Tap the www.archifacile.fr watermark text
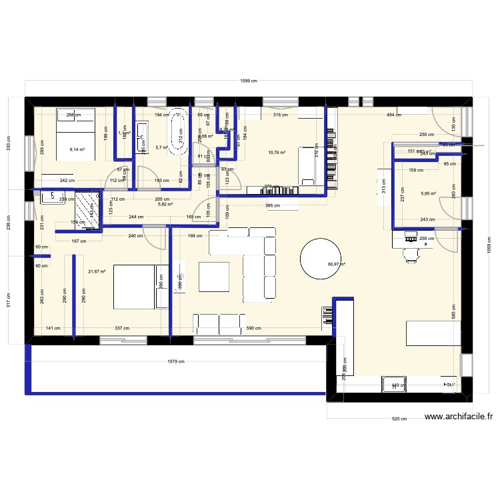coord(459,418)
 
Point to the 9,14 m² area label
coord(77,149)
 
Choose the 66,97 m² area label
coord(337,264)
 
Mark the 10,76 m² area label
coord(277,153)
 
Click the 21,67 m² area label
coord(97,271)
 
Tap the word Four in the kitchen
coord(449,385)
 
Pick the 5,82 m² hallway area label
coord(165,204)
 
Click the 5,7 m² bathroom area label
coord(161,148)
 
